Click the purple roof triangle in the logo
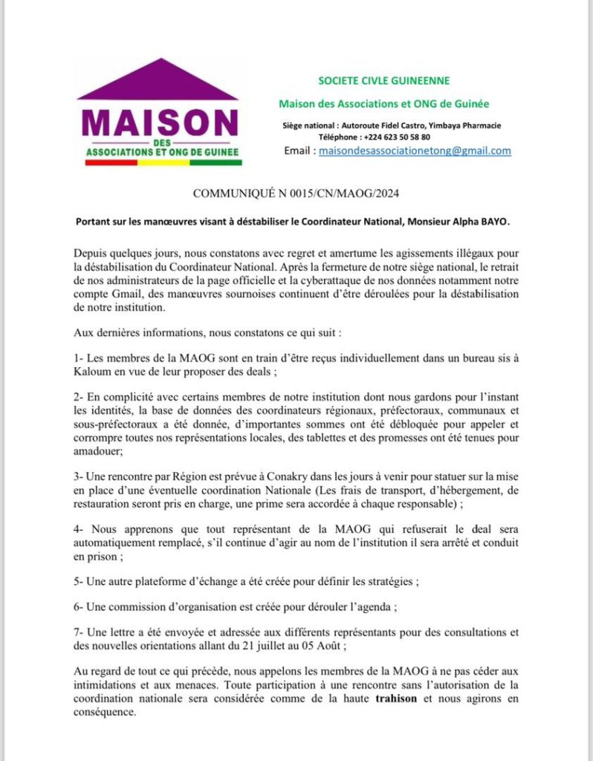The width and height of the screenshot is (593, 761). (158, 82)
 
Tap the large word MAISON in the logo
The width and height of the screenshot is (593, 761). (160, 122)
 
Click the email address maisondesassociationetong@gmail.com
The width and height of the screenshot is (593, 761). (415, 151)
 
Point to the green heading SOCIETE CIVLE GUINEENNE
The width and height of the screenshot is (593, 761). (383, 80)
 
